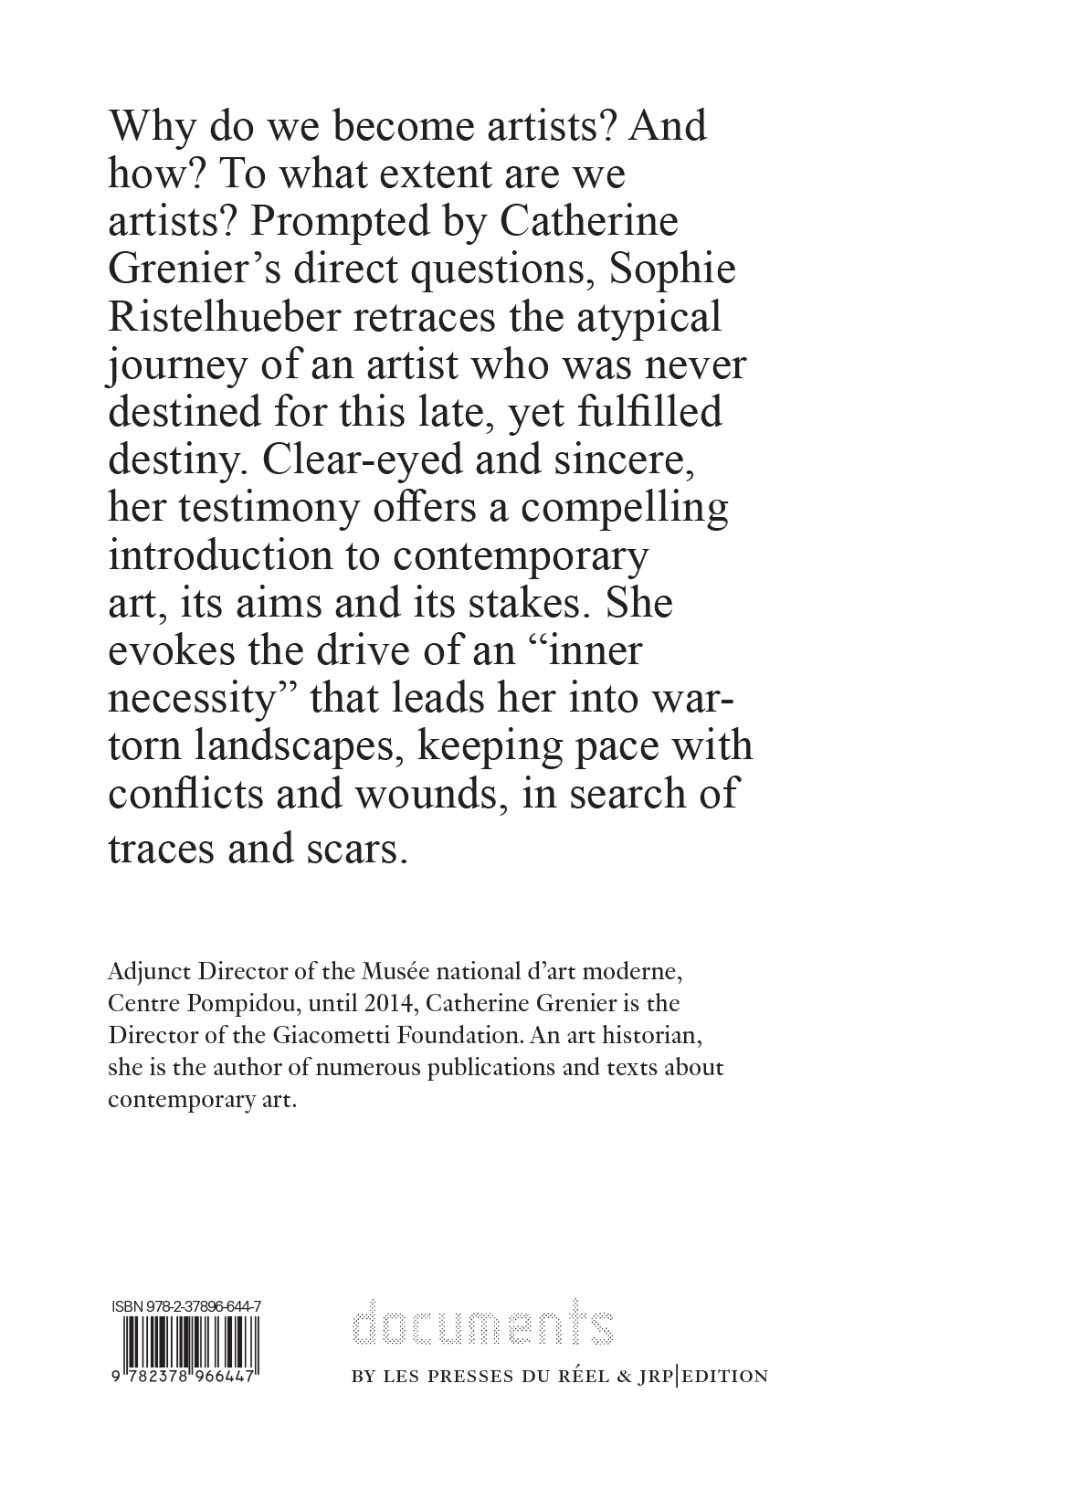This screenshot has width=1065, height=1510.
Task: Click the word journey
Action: pos(177,365)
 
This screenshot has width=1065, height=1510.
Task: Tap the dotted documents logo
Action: pos(482,1322)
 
